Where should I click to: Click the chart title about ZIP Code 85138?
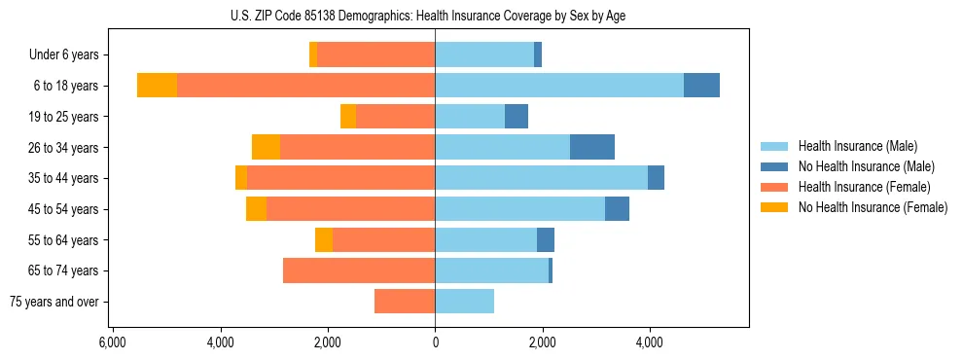(x=435, y=16)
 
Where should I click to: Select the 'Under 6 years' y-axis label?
(x=70, y=54)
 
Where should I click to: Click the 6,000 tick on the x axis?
(x=113, y=342)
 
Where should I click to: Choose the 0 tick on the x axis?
(x=435, y=342)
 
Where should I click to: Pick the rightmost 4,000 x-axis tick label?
(x=650, y=342)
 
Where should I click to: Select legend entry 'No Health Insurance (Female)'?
(x=873, y=207)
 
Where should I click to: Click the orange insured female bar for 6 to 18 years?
(x=305, y=86)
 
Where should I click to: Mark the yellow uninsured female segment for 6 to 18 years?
(x=157, y=86)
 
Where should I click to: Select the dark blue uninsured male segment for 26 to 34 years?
(x=592, y=147)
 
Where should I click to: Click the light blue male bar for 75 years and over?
(x=464, y=302)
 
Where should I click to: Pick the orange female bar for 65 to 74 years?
(x=359, y=270)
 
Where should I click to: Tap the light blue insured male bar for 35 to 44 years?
(x=541, y=178)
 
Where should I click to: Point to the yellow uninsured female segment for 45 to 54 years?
(x=256, y=209)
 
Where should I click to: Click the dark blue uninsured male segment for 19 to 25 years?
(x=517, y=117)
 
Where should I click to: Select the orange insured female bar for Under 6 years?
(x=375, y=54)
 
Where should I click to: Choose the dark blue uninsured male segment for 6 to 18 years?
(x=701, y=86)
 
